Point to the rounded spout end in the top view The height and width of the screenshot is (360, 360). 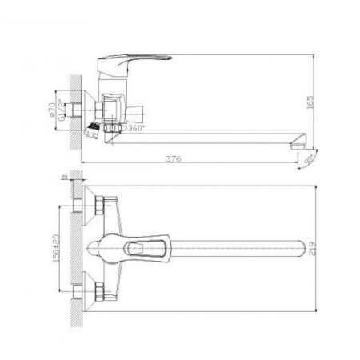(303, 250)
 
